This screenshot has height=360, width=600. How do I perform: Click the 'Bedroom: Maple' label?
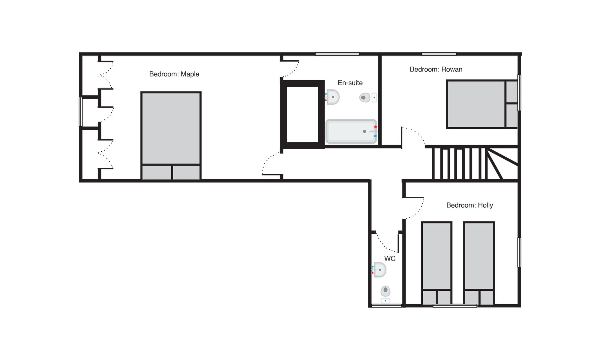point(174,74)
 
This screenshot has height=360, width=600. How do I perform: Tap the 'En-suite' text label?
point(350,83)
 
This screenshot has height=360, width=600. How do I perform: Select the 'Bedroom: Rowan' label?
point(436,69)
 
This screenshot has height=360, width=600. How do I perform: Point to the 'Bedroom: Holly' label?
point(469,205)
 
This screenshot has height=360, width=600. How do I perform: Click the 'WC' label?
point(390,259)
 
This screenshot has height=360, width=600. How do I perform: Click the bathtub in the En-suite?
point(351,131)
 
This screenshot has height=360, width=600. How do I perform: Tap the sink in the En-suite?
point(332,97)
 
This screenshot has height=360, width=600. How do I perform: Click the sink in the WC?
point(379,270)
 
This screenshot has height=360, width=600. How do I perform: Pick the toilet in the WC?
point(385,294)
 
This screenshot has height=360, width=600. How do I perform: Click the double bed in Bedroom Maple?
point(171,136)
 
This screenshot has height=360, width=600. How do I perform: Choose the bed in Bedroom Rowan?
point(482,104)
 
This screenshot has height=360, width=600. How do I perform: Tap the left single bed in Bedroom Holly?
point(436,263)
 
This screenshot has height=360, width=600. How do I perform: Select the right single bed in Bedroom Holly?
point(479,263)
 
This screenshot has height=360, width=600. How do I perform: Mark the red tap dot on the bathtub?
point(375,127)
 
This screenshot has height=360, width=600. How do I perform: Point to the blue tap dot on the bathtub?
point(375,136)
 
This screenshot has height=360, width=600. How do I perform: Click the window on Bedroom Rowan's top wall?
point(439,54)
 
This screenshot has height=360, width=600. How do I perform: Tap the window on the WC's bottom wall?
point(386,306)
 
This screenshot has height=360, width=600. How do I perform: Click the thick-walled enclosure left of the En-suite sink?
point(302,114)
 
